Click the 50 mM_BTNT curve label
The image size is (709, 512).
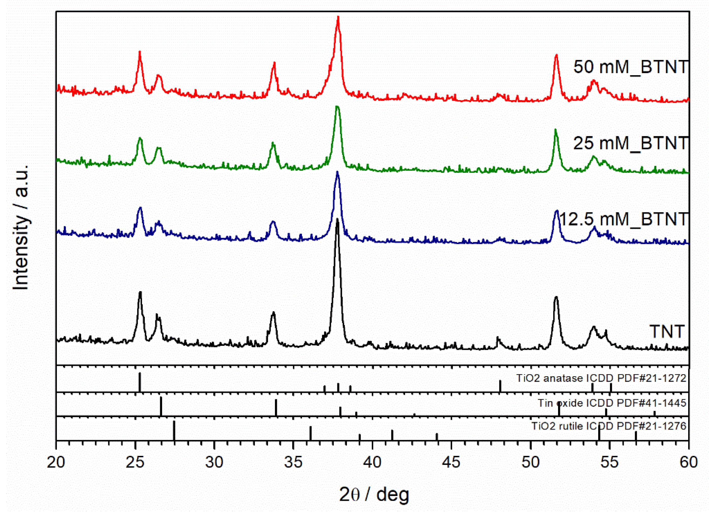tap(631, 67)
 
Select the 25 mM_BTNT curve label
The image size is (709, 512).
tap(631, 143)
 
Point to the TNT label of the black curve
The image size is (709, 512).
tap(667, 331)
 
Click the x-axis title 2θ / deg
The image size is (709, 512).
tap(374, 495)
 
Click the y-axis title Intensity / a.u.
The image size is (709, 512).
tap(21, 228)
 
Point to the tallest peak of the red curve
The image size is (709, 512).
tap(338, 18)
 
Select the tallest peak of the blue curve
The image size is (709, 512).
tap(337, 172)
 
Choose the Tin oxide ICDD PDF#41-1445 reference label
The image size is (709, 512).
tap(612, 403)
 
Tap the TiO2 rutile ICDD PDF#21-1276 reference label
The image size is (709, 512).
tap(609, 426)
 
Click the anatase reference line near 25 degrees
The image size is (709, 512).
tap(140, 382)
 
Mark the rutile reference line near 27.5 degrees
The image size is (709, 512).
tap(174, 431)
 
